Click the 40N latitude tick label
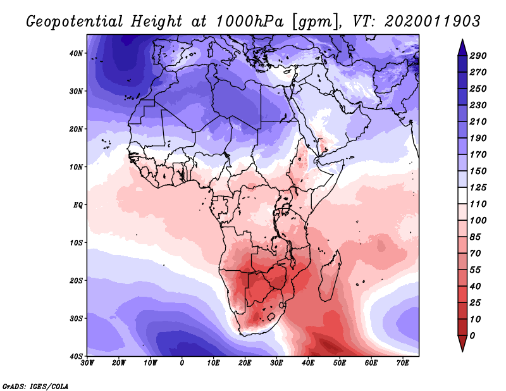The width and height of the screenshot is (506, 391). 76,53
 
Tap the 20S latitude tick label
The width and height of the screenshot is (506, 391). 76,280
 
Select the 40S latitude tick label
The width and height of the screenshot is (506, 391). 76,356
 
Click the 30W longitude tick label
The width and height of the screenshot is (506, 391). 87,363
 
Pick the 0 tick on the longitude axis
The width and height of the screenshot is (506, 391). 182,363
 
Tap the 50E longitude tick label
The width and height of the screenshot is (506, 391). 340,363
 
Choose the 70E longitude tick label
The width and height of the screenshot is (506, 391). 403,363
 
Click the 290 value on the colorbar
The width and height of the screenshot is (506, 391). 478,56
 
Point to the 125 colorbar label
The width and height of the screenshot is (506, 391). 478,188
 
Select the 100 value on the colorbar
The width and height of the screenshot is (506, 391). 478,220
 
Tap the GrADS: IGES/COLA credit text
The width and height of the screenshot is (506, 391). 35,385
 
